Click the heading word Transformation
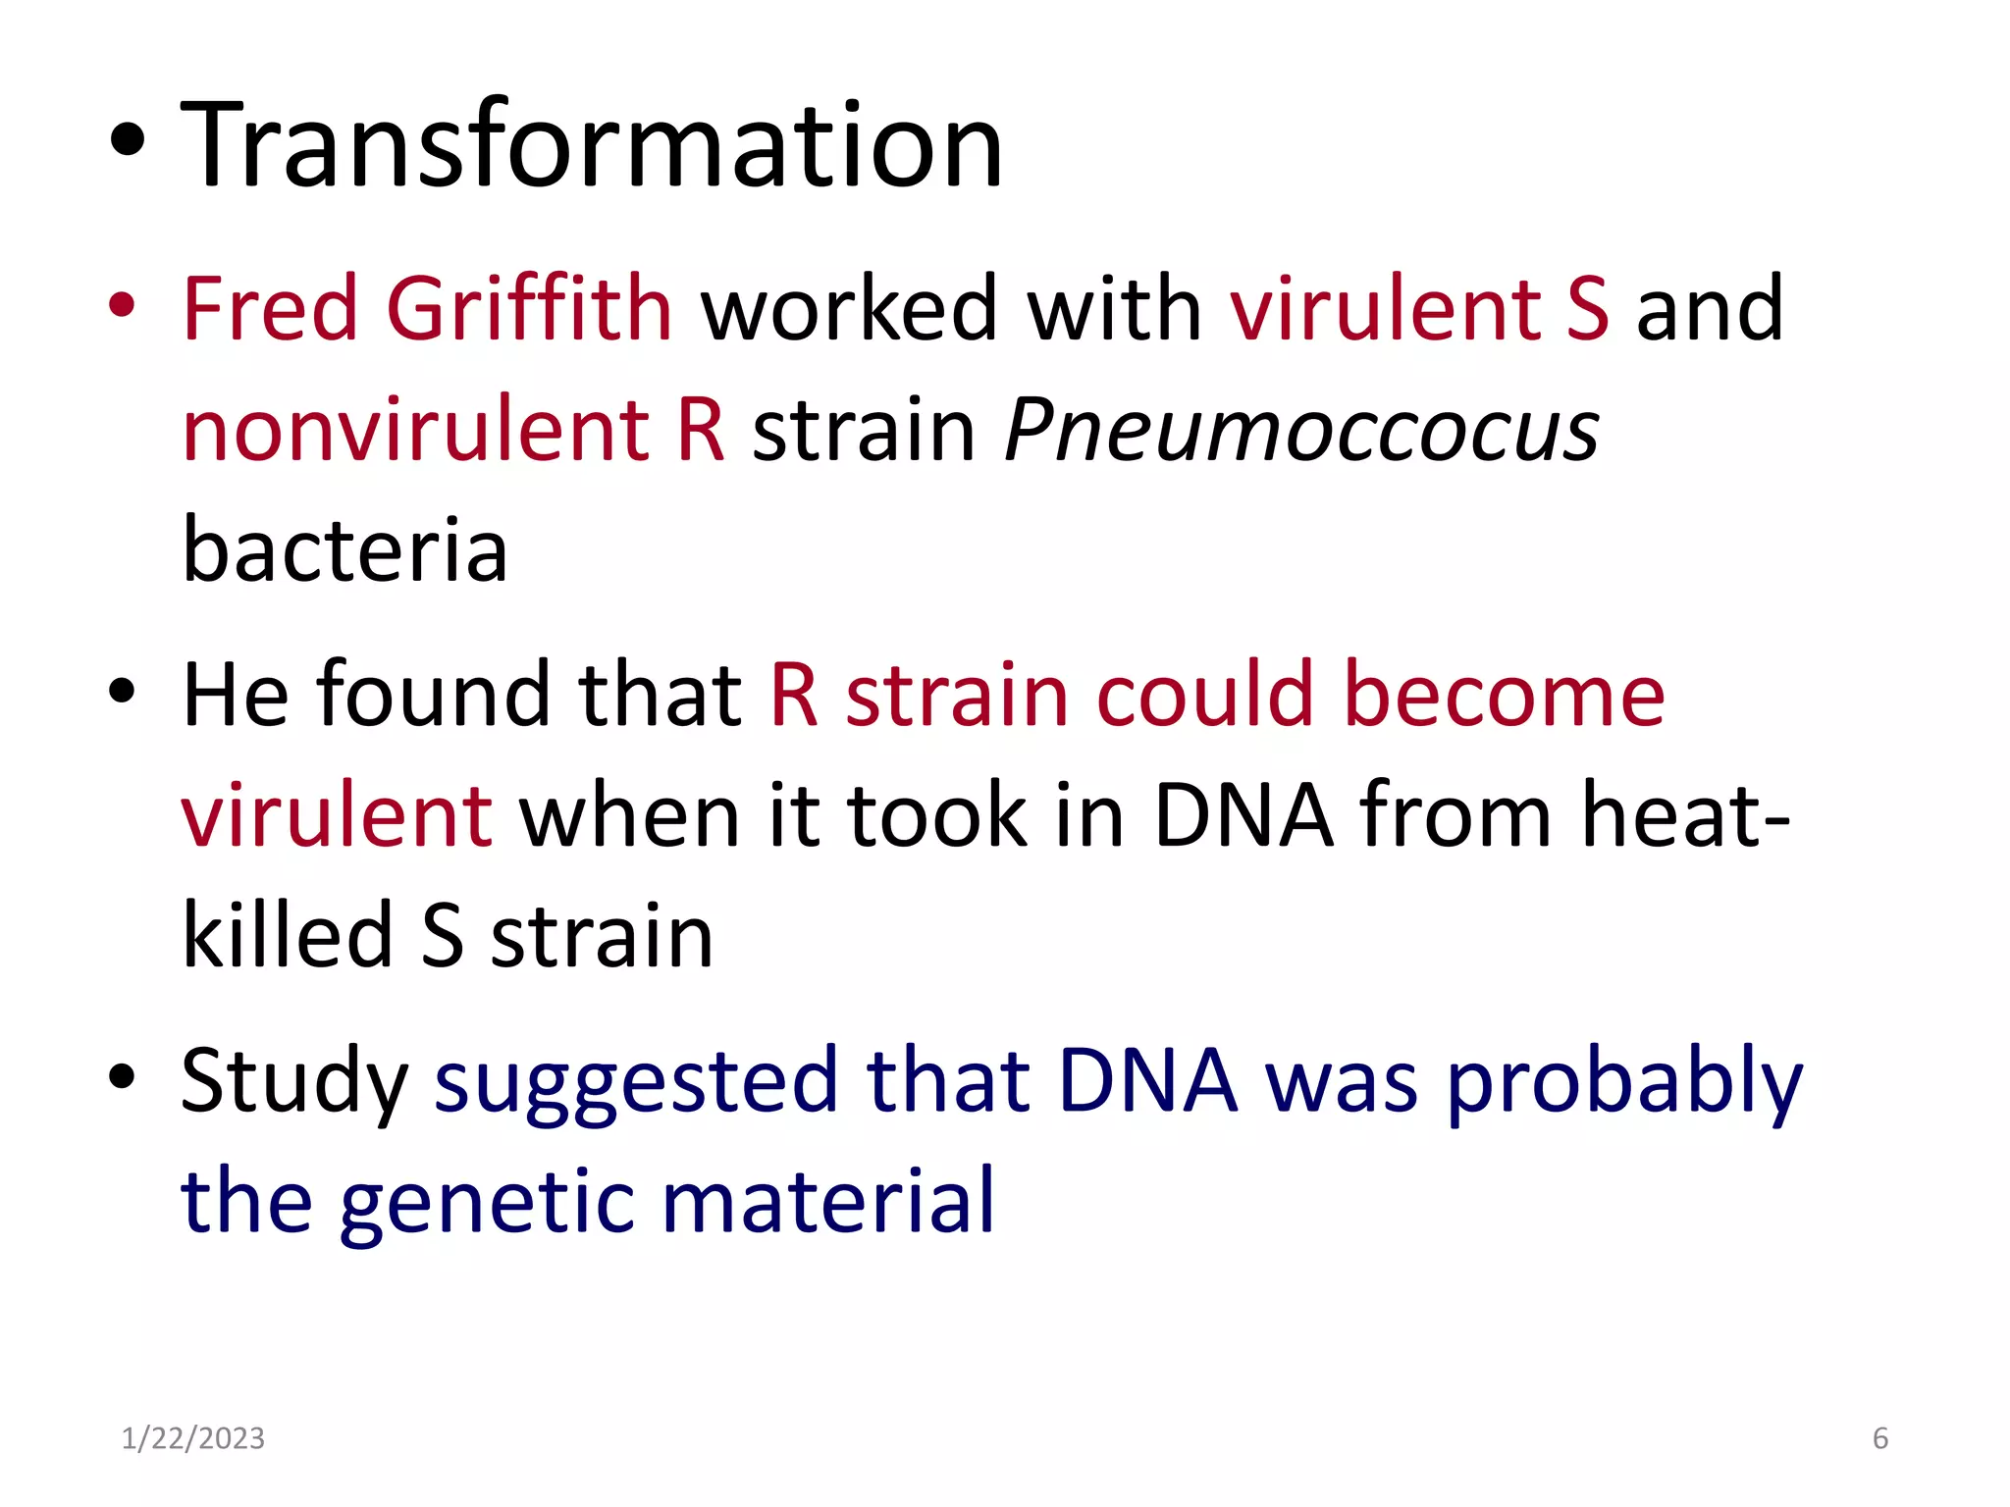coord(592,147)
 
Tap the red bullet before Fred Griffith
coord(122,305)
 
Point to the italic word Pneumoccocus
coord(1301,432)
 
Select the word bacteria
coord(345,549)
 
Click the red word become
coord(1504,695)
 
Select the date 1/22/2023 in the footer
coord(193,1438)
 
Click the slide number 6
coord(1879,1438)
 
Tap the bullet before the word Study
coord(122,1076)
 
